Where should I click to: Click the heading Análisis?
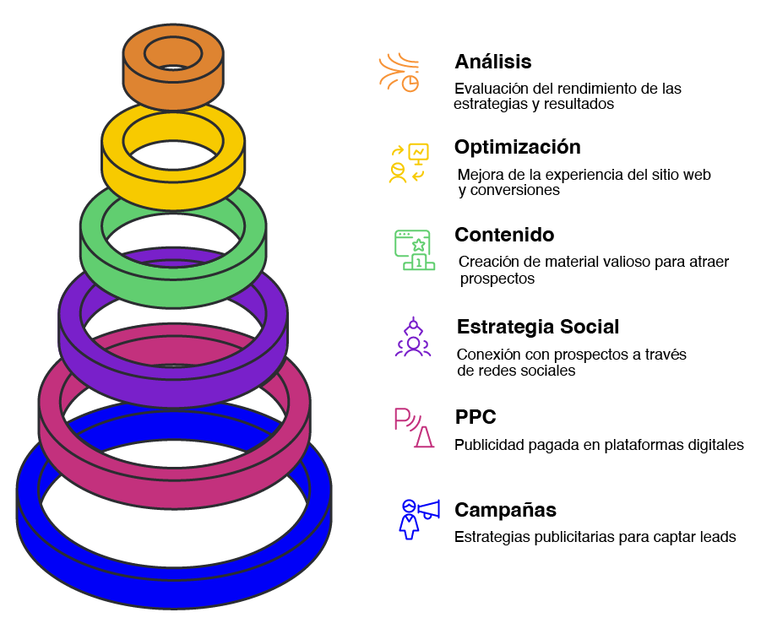[492, 62]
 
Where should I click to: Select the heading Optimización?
[517, 147]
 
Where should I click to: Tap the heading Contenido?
[505, 235]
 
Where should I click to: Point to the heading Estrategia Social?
[538, 327]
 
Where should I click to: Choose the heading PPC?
[475, 417]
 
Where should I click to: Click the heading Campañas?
[505, 510]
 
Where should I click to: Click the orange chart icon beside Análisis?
[400, 73]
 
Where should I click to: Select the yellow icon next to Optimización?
[409, 162]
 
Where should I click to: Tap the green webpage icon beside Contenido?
[413, 250]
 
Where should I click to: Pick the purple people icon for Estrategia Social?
[413, 338]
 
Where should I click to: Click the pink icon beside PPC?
[413, 428]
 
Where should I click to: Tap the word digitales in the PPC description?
[715, 444]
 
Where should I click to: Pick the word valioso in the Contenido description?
[623, 262]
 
